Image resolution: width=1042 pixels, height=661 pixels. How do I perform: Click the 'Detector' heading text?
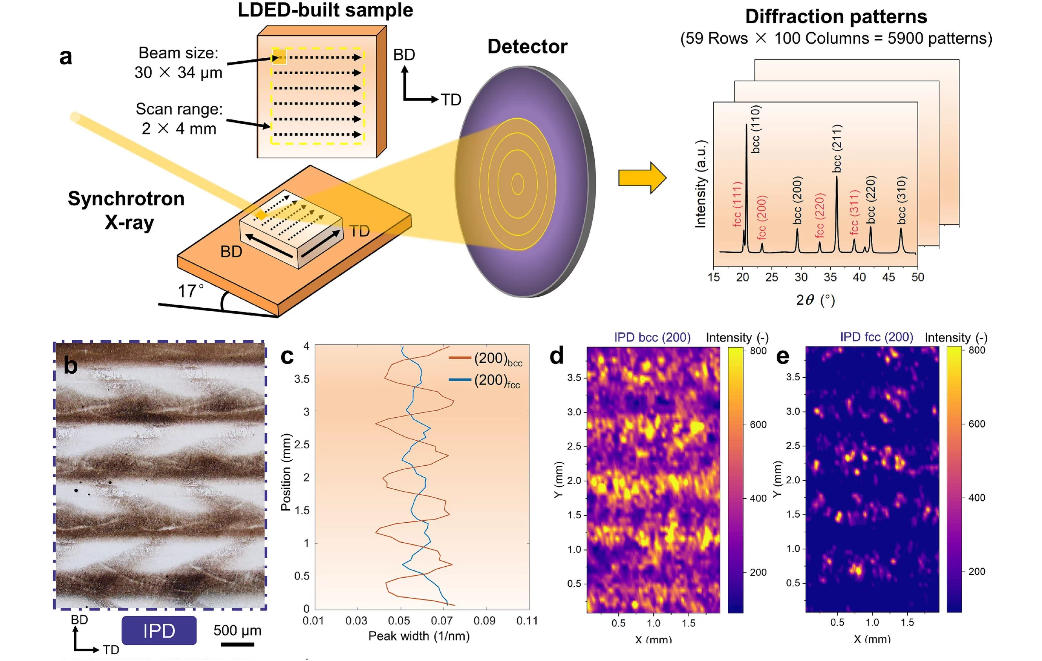(527, 47)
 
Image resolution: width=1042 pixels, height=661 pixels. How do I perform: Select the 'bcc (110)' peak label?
(755, 129)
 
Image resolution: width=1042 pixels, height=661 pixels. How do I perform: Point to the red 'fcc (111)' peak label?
(737, 204)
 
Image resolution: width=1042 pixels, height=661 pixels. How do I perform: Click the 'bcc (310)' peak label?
(901, 200)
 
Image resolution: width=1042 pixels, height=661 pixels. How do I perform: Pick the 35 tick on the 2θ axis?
(830, 277)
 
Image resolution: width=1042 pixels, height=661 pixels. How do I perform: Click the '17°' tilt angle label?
(190, 291)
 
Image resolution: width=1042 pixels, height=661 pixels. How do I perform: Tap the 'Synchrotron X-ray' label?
(126, 210)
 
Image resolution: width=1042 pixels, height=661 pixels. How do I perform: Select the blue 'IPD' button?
(159, 631)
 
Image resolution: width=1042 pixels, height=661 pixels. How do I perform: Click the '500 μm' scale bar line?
(237, 644)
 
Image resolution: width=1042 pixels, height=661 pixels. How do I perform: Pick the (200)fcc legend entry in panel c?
(485, 380)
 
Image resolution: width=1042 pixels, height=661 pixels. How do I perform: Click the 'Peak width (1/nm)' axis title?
(418, 636)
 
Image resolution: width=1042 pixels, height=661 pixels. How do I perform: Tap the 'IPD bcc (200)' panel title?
(652, 337)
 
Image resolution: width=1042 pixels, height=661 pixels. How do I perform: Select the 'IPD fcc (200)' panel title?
(876, 337)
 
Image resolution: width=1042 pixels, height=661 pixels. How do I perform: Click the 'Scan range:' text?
(179, 109)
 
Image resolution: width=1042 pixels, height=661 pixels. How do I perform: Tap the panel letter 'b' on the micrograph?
(71, 366)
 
